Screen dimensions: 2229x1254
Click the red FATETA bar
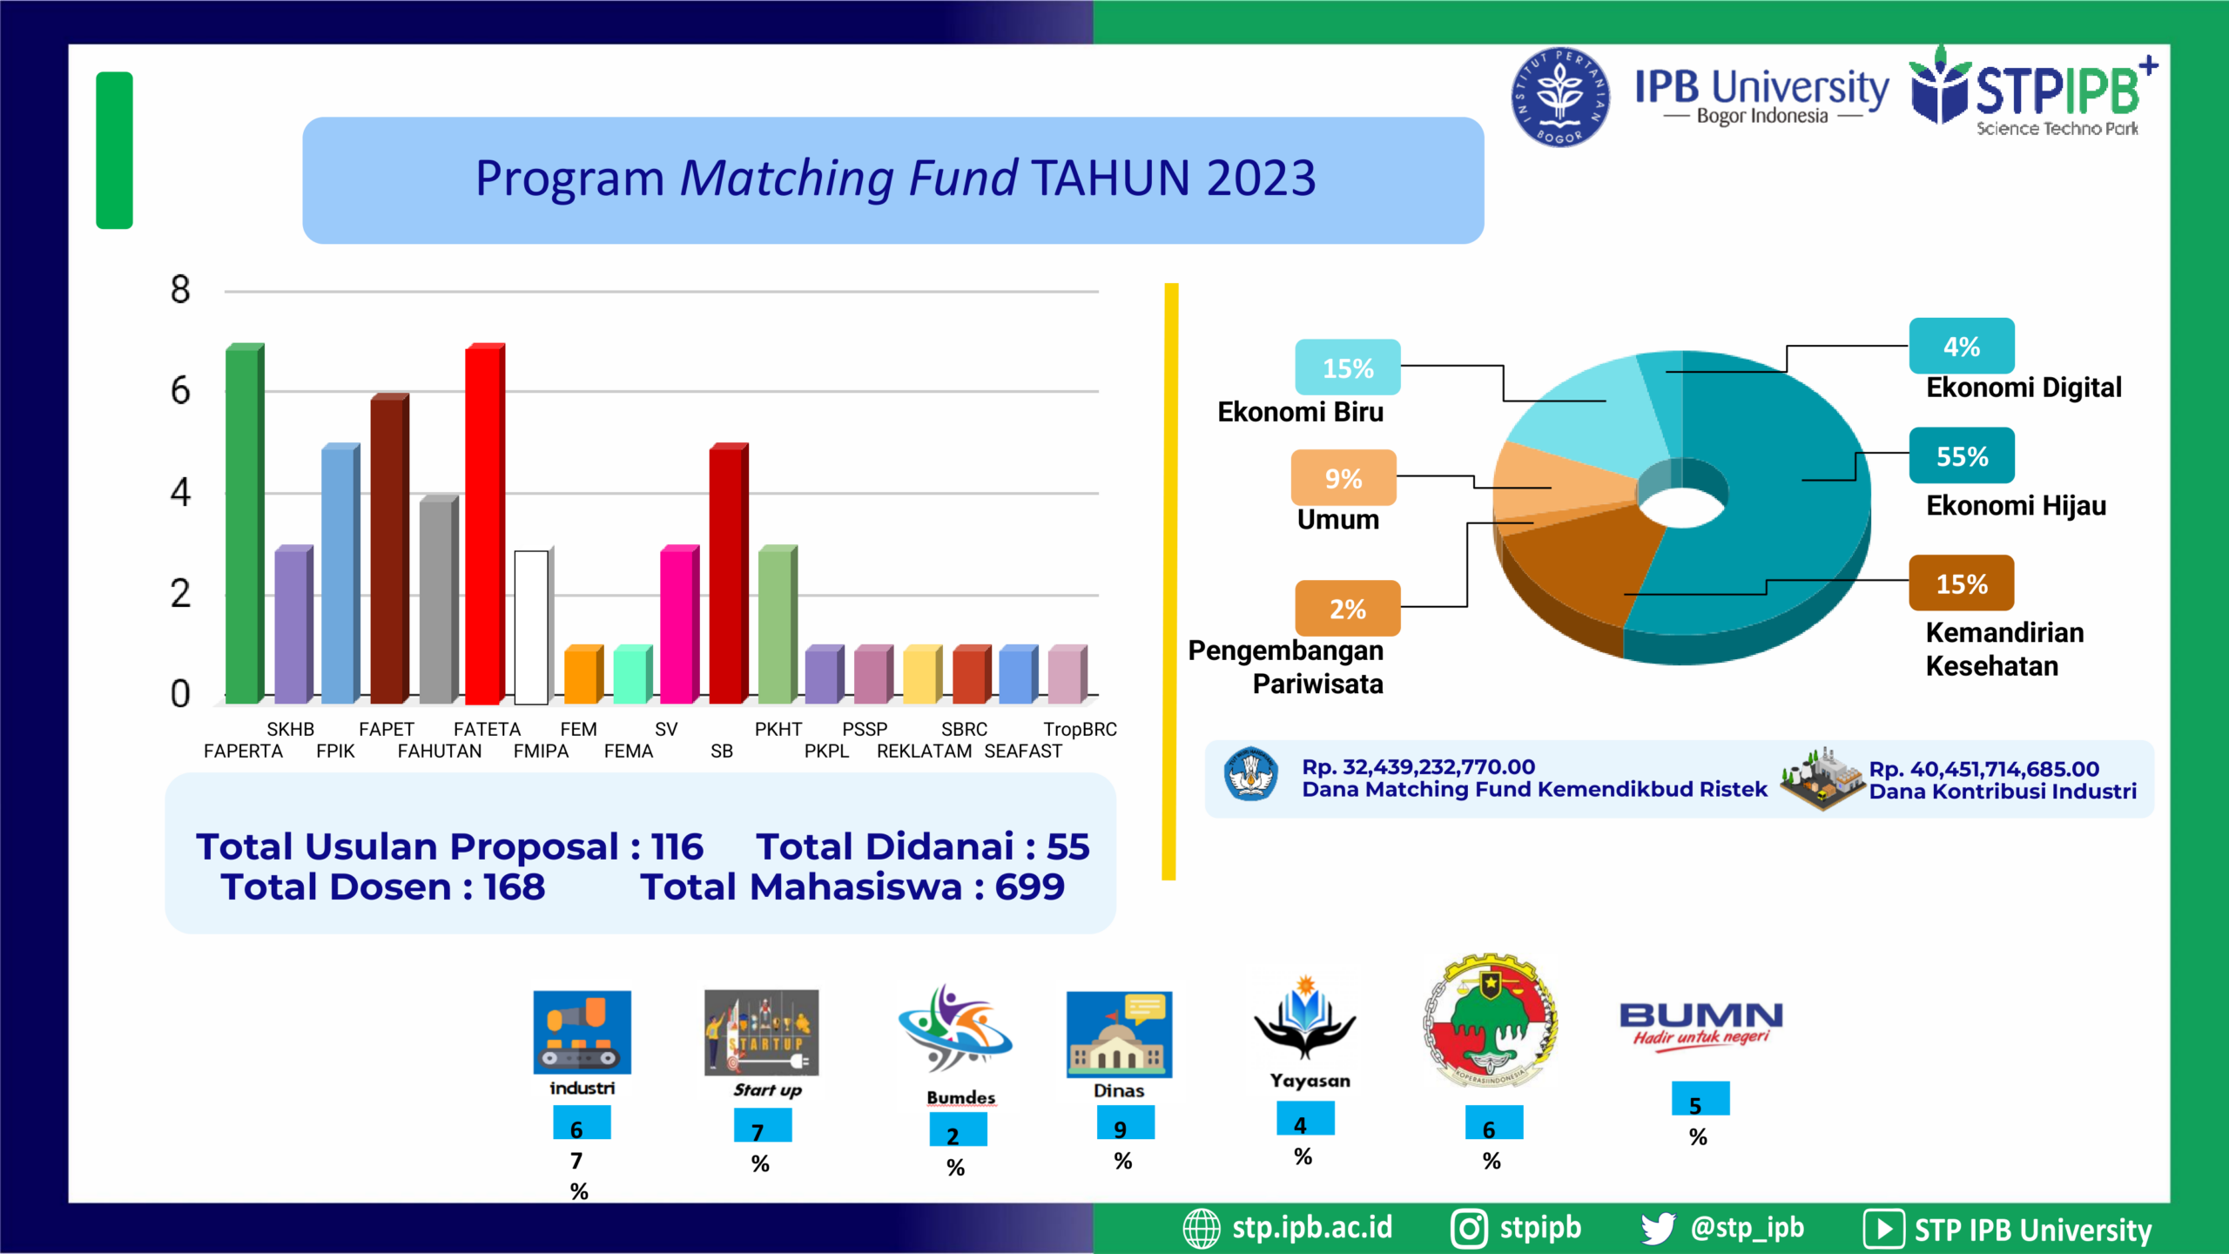tap(485, 523)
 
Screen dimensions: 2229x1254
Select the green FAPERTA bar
tap(245, 523)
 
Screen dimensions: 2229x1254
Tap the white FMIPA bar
tap(532, 627)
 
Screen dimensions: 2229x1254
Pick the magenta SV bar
tap(679, 624)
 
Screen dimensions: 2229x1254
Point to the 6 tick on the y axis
tap(180, 391)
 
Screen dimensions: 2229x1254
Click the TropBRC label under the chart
tap(1080, 729)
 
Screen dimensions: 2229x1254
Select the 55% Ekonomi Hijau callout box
tap(1962, 455)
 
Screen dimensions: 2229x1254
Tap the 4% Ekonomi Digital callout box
tap(1962, 346)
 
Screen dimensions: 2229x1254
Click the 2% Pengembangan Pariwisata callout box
tap(1348, 608)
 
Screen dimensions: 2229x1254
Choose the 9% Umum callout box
tap(1343, 477)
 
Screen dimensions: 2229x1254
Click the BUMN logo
tap(1700, 1026)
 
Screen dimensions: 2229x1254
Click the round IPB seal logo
tap(1560, 97)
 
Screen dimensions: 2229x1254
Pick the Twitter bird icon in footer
tap(1658, 1228)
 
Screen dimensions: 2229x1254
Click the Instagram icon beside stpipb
tap(1469, 1229)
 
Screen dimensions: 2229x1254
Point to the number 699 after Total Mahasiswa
tap(1029, 887)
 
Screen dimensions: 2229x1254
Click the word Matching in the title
tap(787, 179)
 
